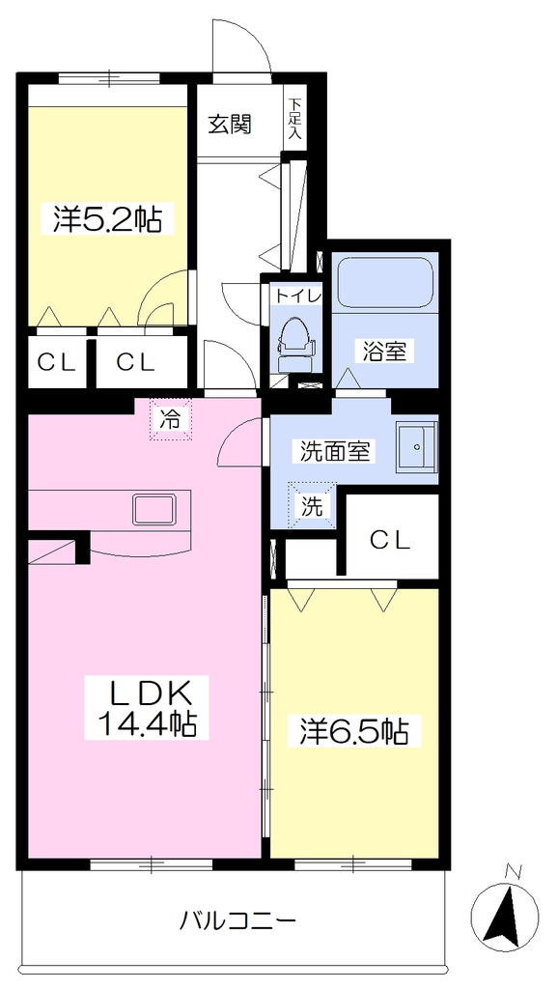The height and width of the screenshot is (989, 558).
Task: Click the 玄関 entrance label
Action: pos(230,125)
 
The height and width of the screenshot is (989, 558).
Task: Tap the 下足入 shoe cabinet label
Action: pos(295,119)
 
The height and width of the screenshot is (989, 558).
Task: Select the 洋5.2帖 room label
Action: pos(106,219)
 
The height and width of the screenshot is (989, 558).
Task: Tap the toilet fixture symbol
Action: pos(294,343)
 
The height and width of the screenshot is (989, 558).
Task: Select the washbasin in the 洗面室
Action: pos(417,446)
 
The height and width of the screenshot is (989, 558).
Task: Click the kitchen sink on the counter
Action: pos(153,509)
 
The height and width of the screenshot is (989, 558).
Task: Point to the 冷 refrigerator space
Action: pos(170,419)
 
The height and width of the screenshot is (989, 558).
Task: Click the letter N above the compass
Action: pos(515,872)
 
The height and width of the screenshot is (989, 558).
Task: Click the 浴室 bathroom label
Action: pos(384,352)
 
